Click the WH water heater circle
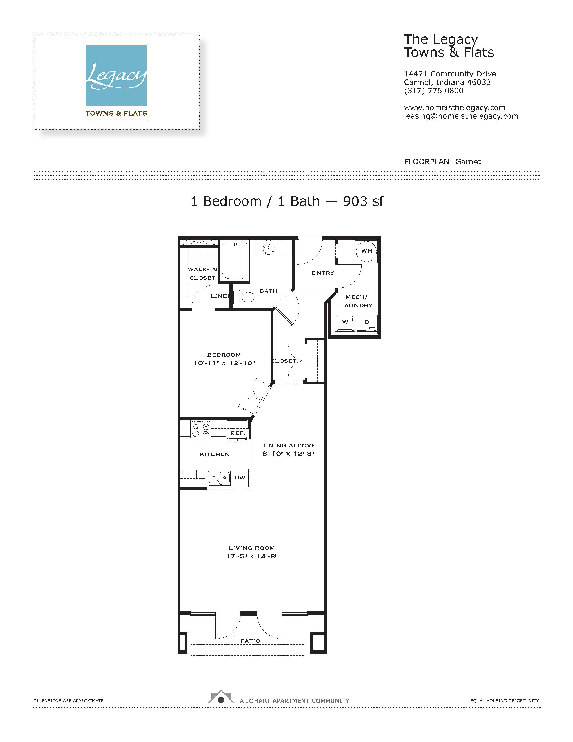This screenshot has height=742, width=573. pos(367,251)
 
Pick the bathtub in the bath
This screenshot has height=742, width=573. pos(235,260)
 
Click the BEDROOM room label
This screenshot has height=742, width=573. pos(224,355)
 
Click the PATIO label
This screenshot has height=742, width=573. pos(250,641)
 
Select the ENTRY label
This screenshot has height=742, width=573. pos(323,273)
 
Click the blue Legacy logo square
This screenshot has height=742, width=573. pos(116,75)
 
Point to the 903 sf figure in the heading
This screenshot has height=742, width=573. pos(363,201)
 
